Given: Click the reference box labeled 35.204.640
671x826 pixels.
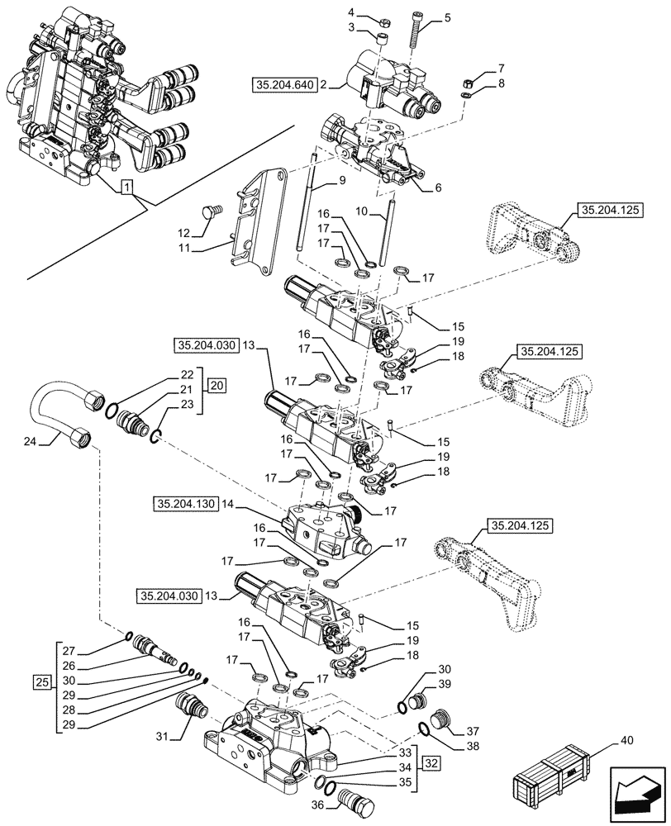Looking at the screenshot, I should (x=282, y=84).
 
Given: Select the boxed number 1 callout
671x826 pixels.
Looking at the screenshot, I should (x=126, y=188).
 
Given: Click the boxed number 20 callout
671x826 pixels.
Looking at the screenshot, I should (x=216, y=386).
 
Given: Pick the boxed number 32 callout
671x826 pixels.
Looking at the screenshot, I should (x=431, y=762).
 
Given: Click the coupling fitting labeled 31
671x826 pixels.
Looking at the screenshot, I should (x=192, y=709).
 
